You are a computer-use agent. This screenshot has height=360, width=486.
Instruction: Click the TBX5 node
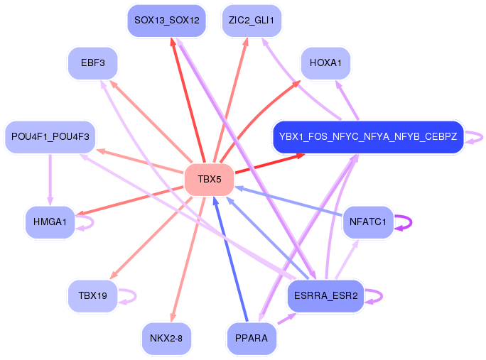point(209,180)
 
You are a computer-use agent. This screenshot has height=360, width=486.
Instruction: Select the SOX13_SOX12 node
point(167,21)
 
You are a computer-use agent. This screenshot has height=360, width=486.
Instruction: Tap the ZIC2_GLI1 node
point(252,21)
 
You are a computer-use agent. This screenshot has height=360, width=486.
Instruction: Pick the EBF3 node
point(92,63)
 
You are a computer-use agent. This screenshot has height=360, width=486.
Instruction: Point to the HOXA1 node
point(325,63)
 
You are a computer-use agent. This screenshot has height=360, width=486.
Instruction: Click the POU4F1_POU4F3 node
point(50,136)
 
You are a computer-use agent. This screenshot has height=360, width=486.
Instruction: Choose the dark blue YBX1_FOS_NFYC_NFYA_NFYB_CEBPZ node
point(368,136)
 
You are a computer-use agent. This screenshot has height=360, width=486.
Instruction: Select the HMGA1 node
point(50,222)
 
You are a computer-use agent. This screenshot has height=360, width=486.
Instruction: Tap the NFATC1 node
point(368,222)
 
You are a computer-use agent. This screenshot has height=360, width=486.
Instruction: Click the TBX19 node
point(92,296)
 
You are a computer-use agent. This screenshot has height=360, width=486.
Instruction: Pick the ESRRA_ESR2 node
point(325,296)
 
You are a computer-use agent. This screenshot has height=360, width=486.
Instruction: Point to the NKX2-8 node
point(166,338)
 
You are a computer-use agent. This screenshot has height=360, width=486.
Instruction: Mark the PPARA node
point(252,338)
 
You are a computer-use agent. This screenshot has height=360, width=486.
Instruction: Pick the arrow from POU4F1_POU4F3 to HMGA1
point(50,180)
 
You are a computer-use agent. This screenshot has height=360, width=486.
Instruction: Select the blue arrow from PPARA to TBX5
point(230,259)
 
